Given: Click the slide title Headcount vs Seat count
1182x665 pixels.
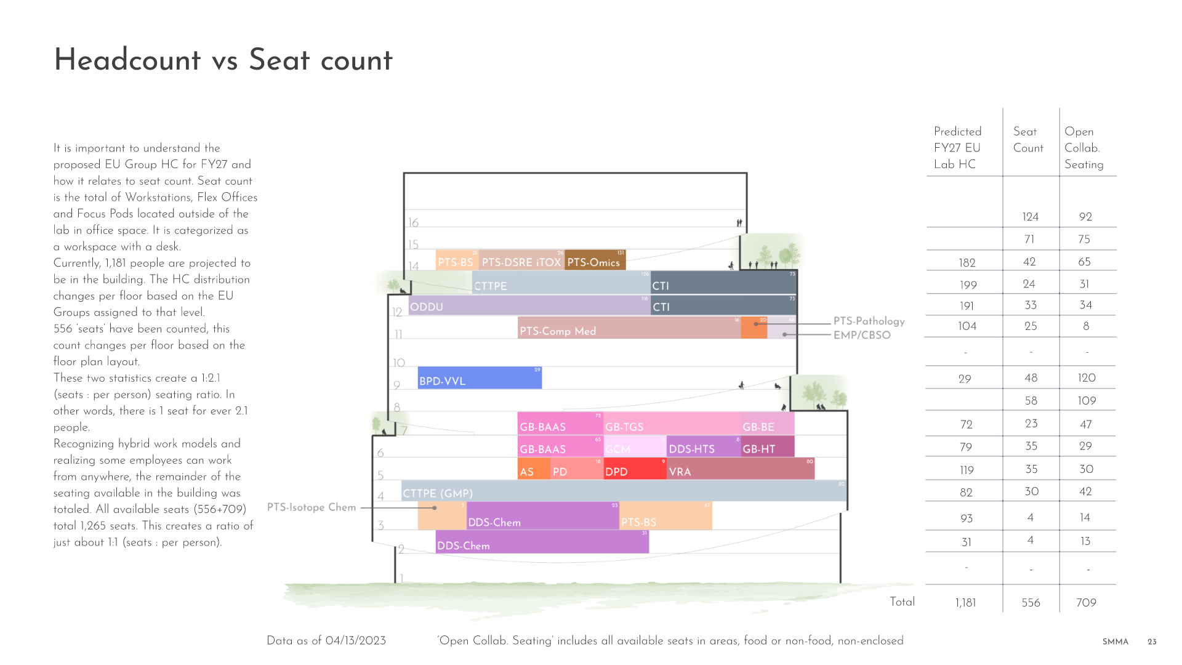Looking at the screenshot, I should pos(223,60).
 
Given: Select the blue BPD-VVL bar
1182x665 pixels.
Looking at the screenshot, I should pos(479,378).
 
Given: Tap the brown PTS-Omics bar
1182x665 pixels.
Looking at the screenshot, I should pos(595,260).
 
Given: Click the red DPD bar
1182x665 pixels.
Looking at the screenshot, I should pos(634,469).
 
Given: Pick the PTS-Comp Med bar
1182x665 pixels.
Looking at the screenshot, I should pos(628,328).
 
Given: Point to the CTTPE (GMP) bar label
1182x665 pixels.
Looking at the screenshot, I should pos(438,493).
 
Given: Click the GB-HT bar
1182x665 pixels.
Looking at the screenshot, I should pos(767,447).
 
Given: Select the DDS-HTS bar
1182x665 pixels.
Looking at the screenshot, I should pos(703,447).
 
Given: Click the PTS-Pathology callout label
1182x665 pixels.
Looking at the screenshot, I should pos(869,321).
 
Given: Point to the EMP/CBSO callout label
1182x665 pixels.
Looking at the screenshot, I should pos(862,335).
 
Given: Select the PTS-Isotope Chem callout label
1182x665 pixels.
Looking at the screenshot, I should pos(312,507).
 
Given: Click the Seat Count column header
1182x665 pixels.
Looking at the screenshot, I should pos(1028,140).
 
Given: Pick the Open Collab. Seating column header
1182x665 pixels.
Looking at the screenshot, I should pos(1084,148).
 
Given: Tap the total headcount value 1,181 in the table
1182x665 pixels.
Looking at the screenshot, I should pos(965,603).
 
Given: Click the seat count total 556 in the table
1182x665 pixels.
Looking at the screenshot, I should pos(1031,603).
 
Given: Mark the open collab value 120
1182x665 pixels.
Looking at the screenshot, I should pos(1087,378).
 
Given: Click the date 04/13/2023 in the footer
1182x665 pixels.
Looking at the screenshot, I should pos(355,640).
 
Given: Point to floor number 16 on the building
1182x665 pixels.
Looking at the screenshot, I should pos(413,222).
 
